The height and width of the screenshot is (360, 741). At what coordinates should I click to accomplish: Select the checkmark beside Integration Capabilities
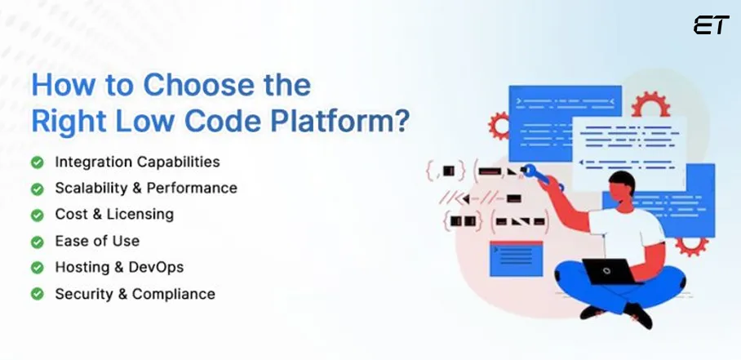pos(38,162)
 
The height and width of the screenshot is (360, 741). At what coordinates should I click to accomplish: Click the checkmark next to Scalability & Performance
pos(38,189)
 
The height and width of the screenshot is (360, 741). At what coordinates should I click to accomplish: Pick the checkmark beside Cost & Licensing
pos(38,215)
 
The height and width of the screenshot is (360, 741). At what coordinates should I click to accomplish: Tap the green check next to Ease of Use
pos(38,241)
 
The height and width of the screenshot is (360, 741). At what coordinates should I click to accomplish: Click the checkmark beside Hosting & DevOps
pos(38,267)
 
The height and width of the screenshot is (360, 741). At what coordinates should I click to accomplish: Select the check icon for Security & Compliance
pos(38,294)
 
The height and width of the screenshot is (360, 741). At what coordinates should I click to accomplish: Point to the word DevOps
pos(156,267)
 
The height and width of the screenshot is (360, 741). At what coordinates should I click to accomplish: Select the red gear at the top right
pos(650,106)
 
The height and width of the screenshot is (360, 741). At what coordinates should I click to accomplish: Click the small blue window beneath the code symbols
pos(515,259)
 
